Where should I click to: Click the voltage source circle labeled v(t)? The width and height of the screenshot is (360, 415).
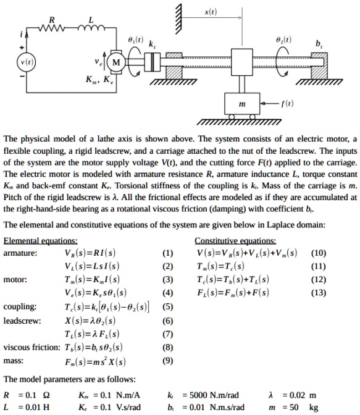pyautogui.click(x=26, y=62)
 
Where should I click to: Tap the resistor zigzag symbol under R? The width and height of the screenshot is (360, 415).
pyautogui.click(x=52, y=28)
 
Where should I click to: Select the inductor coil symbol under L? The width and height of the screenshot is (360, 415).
pyautogui.click(x=91, y=27)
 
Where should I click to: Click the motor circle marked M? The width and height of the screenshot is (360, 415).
pyautogui.click(x=116, y=62)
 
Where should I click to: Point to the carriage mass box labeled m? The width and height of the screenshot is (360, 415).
pyautogui.click(x=242, y=104)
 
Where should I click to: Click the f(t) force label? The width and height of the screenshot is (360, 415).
pyautogui.click(x=287, y=103)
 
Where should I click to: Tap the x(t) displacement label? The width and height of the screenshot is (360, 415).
pyautogui.click(x=211, y=12)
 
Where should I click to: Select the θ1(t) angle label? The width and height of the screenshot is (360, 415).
pyautogui.click(x=136, y=40)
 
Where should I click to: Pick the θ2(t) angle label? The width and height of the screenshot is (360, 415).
pyautogui.click(x=284, y=40)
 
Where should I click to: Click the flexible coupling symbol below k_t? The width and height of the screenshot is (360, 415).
pyautogui.click(x=153, y=62)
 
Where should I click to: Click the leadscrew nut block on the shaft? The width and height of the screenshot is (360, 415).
pyautogui.click(x=242, y=62)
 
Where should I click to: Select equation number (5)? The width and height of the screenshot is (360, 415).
pyautogui.click(x=167, y=306)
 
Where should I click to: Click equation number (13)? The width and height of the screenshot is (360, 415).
pyautogui.click(x=319, y=293)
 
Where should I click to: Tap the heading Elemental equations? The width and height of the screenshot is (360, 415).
pyautogui.click(x=41, y=241)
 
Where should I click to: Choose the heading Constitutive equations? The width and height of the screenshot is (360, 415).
pyautogui.click(x=235, y=241)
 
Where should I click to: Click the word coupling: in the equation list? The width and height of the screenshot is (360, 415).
pyautogui.click(x=20, y=307)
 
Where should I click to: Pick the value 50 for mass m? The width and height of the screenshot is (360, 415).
pyautogui.click(x=294, y=408)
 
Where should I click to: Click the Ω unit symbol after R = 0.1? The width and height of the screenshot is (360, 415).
pyautogui.click(x=46, y=395)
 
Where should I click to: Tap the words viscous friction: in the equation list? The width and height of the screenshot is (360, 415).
pyautogui.click(x=31, y=347)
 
